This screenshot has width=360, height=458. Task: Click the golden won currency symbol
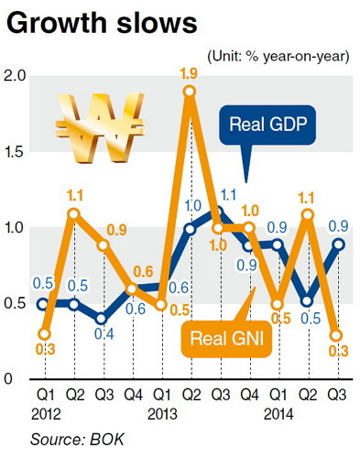(100, 127)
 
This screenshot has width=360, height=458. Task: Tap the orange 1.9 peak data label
(189, 73)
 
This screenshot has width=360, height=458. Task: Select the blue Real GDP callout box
(267, 125)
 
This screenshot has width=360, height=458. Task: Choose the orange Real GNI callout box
(226, 339)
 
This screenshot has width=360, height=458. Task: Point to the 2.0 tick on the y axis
(15, 75)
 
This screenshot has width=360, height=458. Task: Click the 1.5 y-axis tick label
(15, 152)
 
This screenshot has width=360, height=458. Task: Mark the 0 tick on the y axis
(8, 379)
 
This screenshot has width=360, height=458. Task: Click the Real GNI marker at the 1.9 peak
(190, 91)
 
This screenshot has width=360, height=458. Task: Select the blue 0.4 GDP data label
(104, 334)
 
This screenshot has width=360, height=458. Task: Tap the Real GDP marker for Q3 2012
(102, 319)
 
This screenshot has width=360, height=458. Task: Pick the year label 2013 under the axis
(162, 414)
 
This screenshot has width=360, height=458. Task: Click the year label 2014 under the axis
(278, 414)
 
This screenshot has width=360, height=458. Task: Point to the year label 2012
(46, 414)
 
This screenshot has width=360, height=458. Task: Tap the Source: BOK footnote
(77, 440)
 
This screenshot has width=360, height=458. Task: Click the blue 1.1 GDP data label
(228, 195)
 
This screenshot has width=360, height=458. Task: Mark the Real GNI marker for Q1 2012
(45, 334)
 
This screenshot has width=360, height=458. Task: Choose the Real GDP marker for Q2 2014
(308, 301)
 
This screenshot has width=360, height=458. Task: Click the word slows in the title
(157, 24)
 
